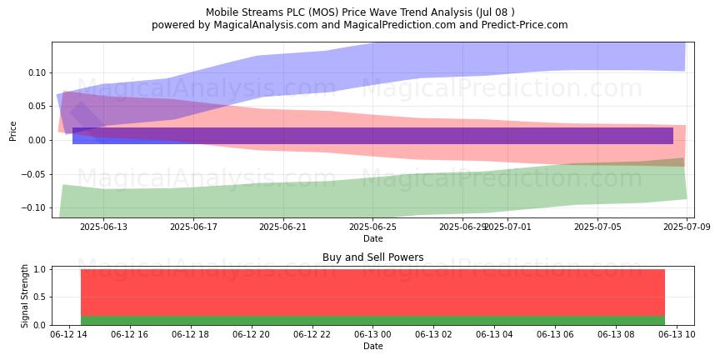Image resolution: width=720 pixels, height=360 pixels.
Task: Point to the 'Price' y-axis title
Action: (12, 131)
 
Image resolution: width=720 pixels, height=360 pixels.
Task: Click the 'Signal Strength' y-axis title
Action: (25, 296)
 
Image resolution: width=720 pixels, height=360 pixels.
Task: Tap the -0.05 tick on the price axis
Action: (32, 174)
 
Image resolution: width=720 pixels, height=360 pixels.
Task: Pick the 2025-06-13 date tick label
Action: (103, 227)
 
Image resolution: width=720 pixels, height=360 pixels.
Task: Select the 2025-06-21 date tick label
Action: (283, 227)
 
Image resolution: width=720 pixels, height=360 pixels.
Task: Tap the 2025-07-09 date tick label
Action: (687, 227)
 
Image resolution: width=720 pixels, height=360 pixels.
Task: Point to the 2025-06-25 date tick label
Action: (372, 227)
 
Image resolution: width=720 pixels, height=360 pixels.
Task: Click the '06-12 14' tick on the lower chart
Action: (68, 334)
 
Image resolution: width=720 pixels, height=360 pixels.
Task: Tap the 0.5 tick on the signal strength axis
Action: (38, 297)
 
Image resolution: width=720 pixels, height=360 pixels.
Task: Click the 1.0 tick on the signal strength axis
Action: (38, 269)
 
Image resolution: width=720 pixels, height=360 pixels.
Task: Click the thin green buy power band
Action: (372, 321)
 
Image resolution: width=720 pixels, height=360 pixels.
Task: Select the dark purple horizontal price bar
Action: (372, 136)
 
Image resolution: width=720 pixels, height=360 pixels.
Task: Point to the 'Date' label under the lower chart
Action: (372, 346)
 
